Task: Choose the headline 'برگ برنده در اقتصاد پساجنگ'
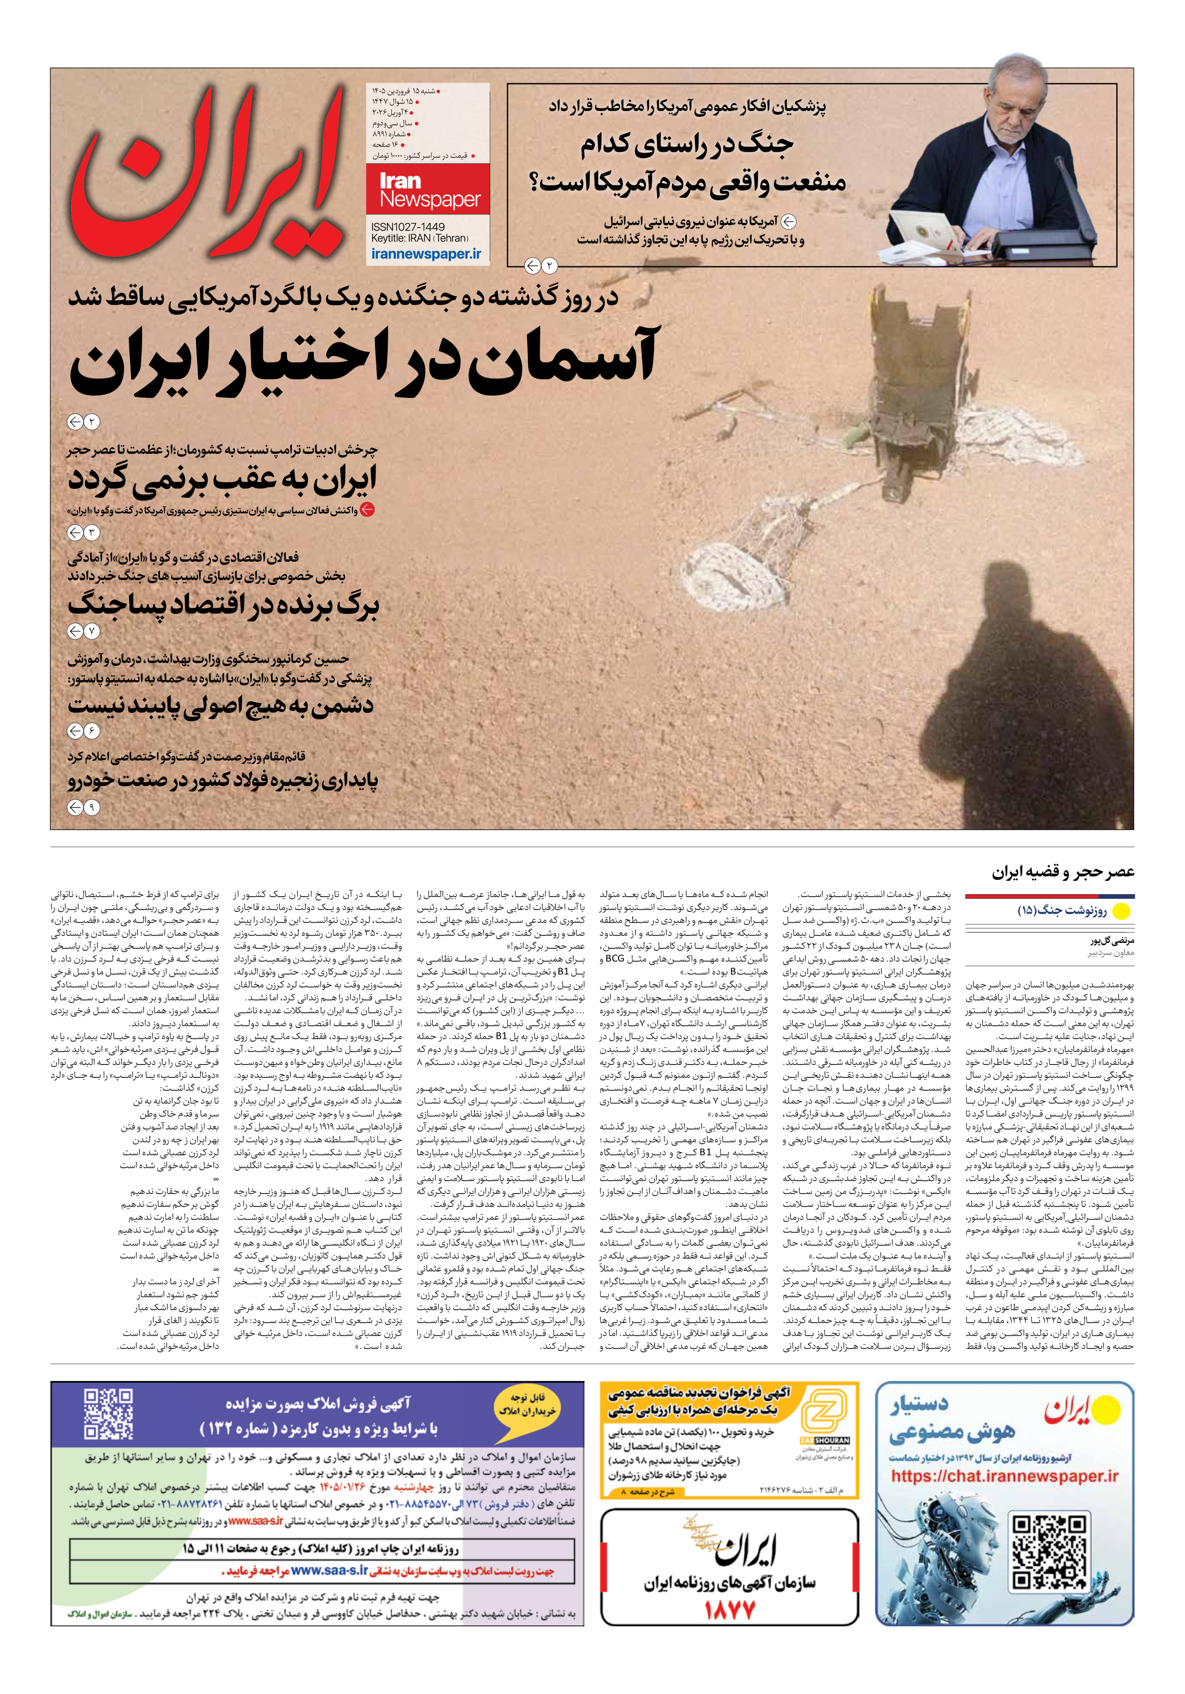pyautogui.click(x=223, y=605)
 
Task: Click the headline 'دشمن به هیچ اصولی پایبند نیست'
pyautogui.click(x=221, y=705)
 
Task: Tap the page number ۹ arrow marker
pyautogui.click(x=83, y=807)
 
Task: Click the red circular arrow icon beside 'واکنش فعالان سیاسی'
pyautogui.click(x=366, y=510)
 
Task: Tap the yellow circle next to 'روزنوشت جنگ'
pyautogui.click(x=1121, y=912)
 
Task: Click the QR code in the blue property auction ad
pyautogui.click(x=109, y=1415)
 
